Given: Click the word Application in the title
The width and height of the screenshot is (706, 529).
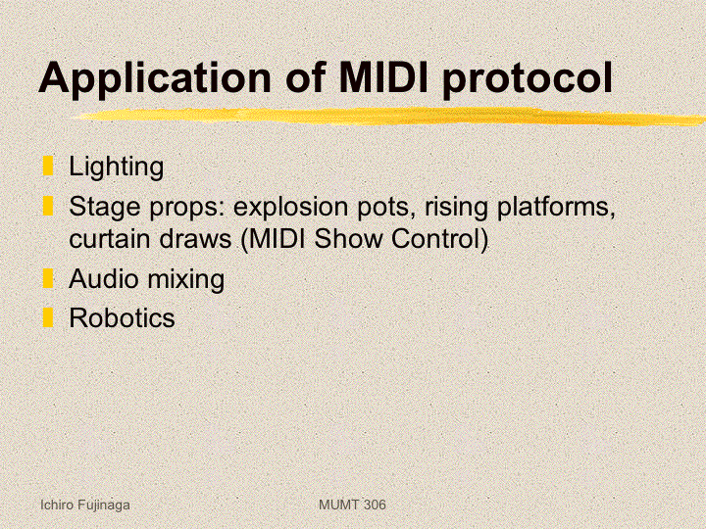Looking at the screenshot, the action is pyautogui.click(x=155, y=77).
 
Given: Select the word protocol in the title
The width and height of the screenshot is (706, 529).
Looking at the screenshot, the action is pyautogui.click(x=528, y=79).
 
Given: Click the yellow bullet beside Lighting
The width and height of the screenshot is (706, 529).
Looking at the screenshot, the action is pyautogui.click(x=48, y=166).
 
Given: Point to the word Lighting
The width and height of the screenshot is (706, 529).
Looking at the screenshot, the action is pyautogui.click(x=116, y=168).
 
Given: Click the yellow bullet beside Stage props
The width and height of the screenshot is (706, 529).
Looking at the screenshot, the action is pyautogui.click(x=48, y=206).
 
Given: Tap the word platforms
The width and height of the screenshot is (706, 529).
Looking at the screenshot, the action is pyautogui.click(x=556, y=208).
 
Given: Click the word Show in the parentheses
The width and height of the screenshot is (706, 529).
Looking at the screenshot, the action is pyautogui.click(x=348, y=238).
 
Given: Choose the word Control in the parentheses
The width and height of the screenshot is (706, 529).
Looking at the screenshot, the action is pyautogui.click(x=436, y=238).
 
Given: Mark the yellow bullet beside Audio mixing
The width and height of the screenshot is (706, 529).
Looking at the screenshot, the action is pyautogui.click(x=48, y=278).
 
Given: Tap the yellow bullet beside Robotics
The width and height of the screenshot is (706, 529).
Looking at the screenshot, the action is pyautogui.click(x=48, y=317).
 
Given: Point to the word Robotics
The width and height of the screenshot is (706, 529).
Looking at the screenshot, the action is pyautogui.click(x=122, y=318).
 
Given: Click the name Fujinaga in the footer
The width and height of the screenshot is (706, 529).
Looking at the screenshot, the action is pyautogui.click(x=104, y=505).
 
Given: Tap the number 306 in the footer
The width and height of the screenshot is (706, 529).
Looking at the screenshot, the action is pyautogui.click(x=375, y=505).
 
